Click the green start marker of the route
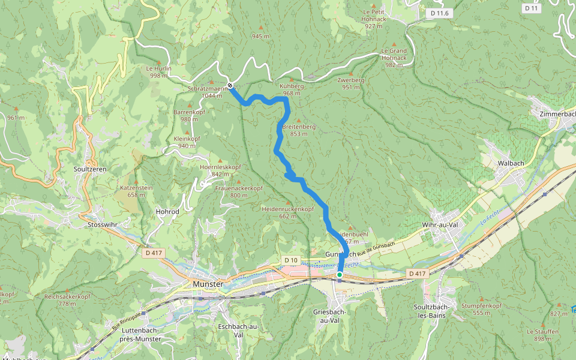coord(339,275)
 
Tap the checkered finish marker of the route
coord(230,85)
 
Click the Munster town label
coord(208,284)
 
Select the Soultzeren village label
coord(89,169)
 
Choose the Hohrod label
coord(167,212)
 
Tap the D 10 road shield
coord(291,260)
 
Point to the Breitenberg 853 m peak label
coord(298,130)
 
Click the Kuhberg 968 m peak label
coord(292,89)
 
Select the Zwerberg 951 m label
coord(351,83)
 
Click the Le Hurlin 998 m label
coord(159,71)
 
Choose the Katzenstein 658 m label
coord(137,191)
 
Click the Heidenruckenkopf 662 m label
coord(288,212)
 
